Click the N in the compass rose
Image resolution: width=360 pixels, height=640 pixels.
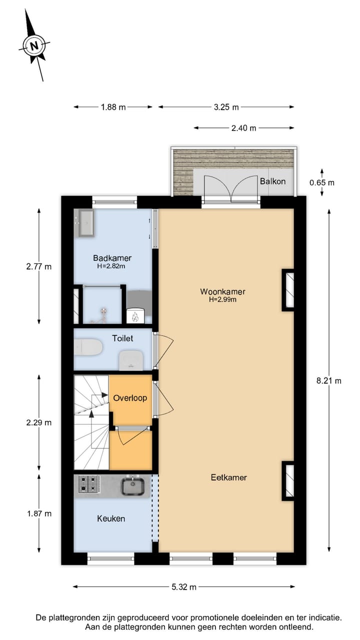pyautogui.click(x=34, y=46)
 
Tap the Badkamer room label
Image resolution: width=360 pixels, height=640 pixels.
pyautogui.click(x=112, y=258)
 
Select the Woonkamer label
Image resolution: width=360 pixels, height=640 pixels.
pyautogui.click(x=222, y=291)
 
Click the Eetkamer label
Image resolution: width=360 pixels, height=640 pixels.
pyautogui.click(x=228, y=477)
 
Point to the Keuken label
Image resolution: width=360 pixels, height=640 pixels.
pyautogui.click(x=111, y=518)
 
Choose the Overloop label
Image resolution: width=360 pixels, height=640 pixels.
pyautogui.click(x=130, y=398)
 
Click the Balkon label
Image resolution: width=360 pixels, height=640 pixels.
pyautogui.click(x=272, y=181)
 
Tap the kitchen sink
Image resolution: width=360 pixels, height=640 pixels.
pyautogui.click(x=133, y=485)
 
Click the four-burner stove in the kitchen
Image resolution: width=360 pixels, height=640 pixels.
pyautogui.click(x=88, y=484)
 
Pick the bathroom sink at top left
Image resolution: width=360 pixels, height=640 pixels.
pyautogui.click(x=86, y=221)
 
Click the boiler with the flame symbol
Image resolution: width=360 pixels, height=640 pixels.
pyautogui.click(x=135, y=315)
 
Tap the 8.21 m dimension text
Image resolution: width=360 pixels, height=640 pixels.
pyautogui.click(x=329, y=380)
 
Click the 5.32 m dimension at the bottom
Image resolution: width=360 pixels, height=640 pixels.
pyautogui.click(x=183, y=587)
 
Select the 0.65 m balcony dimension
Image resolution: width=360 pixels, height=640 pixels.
pyautogui.click(x=322, y=182)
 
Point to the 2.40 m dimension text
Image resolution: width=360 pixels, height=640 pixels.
pyautogui.click(x=243, y=128)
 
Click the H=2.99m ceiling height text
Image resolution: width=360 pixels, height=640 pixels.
pyautogui.click(x=222, y=300)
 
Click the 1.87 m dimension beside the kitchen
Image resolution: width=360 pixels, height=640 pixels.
pyautogui.click(x=39, y=513)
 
